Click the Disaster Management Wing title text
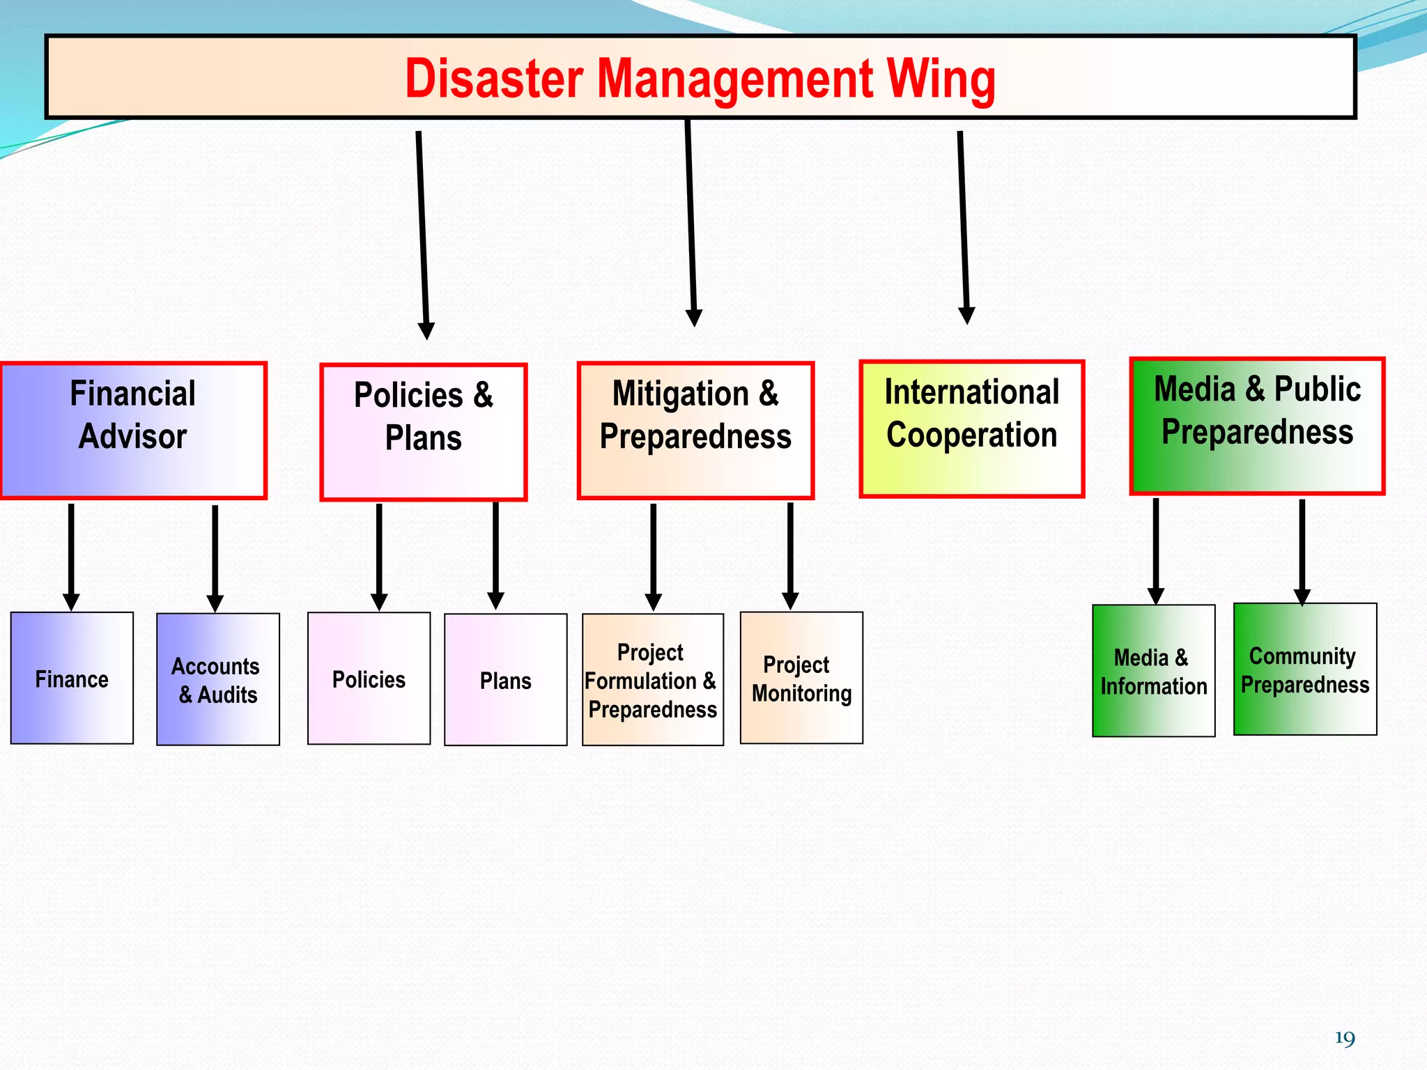point(700,78)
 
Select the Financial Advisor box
point(133,431)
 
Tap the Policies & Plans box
point(423,432)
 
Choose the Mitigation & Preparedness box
point(695,431)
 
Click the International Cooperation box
point(972,428)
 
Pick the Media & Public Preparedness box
point(1257,426)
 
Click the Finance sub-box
point(72,678)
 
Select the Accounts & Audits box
point(218,679)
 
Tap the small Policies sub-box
point(369,679)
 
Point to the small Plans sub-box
point(505,679)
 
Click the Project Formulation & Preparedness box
point(652,679)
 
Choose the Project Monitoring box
point(801,678)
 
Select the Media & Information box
point(1153,671)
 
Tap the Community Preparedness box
point(1305,669)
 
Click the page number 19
point(1344,1039)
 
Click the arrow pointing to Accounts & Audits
point(215,557)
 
